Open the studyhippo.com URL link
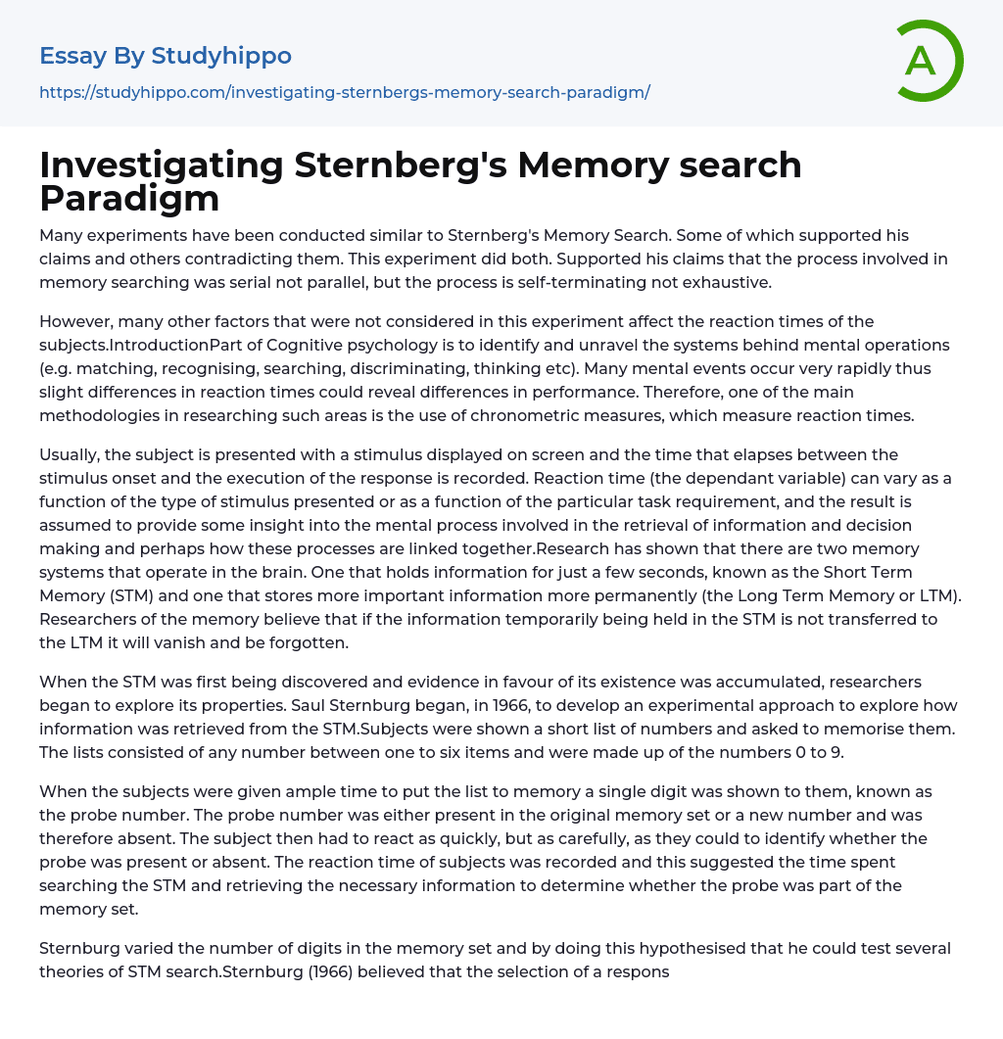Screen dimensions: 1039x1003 coord(345,92)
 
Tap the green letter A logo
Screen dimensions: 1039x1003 coord(922,60)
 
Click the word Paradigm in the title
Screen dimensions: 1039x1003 coord(129,198)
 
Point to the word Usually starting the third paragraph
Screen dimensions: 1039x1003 coord(72,454)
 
